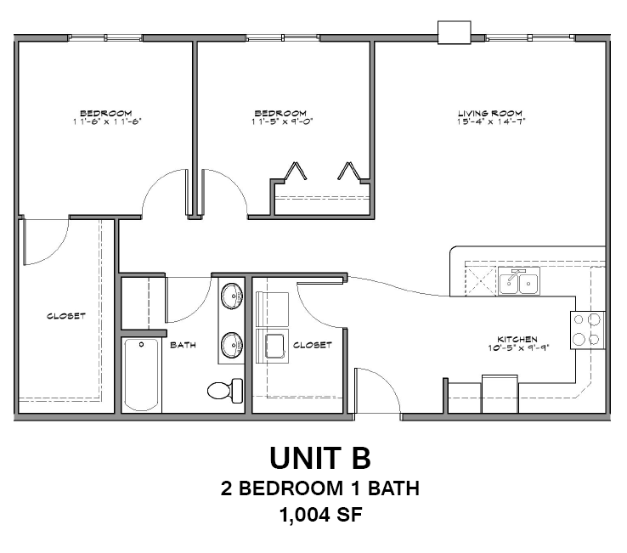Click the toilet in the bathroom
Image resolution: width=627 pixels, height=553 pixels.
(223, 390)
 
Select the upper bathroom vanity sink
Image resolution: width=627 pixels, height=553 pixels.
(230, 296)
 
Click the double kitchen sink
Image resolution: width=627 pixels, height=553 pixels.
(519, 282)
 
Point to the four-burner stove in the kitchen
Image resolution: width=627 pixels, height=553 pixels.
(587, 329)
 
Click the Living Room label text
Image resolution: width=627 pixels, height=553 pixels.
(489, 113)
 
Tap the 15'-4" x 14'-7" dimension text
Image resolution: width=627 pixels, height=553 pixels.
(489, 121)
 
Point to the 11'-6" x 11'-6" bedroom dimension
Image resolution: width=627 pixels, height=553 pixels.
(106, 121)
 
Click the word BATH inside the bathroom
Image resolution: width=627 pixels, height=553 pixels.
(184, 345)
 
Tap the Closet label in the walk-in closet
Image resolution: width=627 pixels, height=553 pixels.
(65, 316)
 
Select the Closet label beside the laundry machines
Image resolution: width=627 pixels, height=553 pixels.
(312, 345)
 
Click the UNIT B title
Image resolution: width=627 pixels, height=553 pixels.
(320, 458)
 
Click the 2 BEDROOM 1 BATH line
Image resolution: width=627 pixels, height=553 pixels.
(320, 488)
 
